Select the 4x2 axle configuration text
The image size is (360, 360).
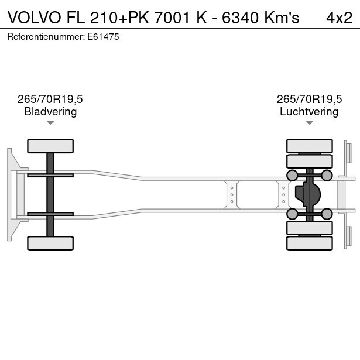point(339,18)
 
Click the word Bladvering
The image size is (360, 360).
point(50,111)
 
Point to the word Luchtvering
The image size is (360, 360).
point(309,111)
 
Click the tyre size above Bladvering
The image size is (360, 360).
point(50,99)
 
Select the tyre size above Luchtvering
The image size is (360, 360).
point(309,99)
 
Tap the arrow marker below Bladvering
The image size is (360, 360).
point(50,123)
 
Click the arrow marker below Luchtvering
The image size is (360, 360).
point(309,123)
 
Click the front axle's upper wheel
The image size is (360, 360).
point(50,146)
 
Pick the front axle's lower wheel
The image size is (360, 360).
point(50,243)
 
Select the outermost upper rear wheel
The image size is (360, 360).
point(309,146)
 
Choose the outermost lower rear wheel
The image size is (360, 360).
point(309,243)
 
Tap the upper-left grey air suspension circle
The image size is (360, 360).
point(292,175)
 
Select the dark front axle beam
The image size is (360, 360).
point(50,194)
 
